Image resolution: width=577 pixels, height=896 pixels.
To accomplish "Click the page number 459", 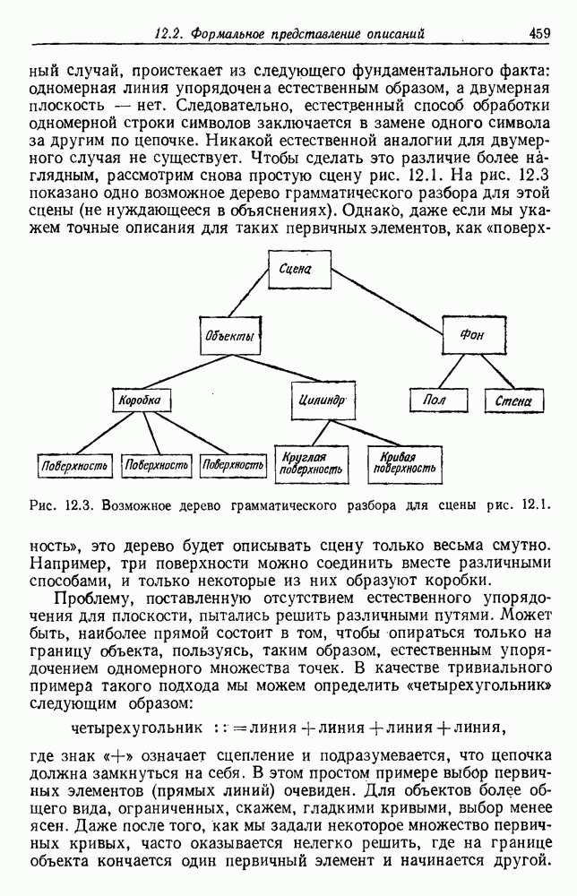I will [538, 34].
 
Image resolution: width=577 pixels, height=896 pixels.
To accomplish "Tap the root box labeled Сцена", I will [294, 269].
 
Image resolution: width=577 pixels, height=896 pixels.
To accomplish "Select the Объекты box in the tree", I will [228, 337].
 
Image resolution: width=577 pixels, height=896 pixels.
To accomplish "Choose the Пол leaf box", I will [434, 400].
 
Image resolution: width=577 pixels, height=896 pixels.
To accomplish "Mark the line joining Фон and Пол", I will [452, 370].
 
